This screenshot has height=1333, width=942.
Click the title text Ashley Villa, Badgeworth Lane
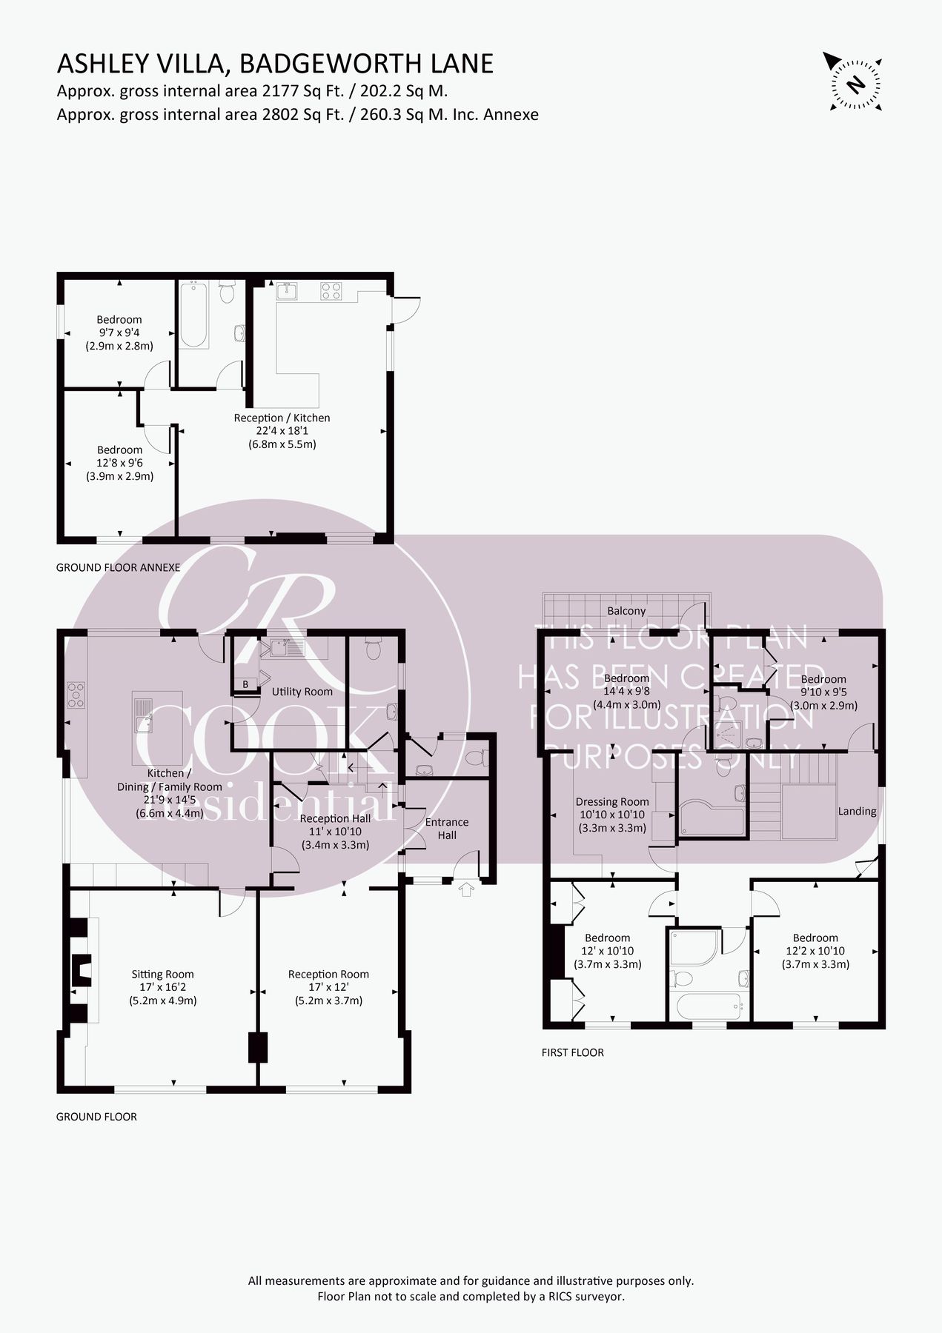[x=275, y=64]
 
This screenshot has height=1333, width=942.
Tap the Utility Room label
[x=302, y=692]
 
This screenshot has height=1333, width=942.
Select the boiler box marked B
[x=245, y=684]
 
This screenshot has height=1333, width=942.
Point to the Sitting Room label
[x=162, y=987]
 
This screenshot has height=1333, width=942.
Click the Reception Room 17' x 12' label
[x=328, y=987]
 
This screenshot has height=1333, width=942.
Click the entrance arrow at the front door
[x=465, y=889]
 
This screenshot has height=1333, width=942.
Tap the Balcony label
[x=626, y=611]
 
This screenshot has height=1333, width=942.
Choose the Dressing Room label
[x=612, y=815]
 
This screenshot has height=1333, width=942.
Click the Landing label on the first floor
[x=857, y=811]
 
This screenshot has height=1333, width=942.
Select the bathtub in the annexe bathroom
[x=193, y=314]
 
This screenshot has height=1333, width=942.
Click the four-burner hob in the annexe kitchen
[x=331, y=291]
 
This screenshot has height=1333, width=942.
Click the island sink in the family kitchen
[x=144, y=714]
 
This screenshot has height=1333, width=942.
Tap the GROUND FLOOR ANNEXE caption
[x=119, y=568]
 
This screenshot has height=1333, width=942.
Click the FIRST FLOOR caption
[x=572, y=1052]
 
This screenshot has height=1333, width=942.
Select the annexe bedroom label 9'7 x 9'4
[x=119, y=333]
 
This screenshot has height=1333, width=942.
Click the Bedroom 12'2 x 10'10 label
[x=815, y=951]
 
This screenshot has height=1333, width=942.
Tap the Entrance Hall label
[x=446, y=828]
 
